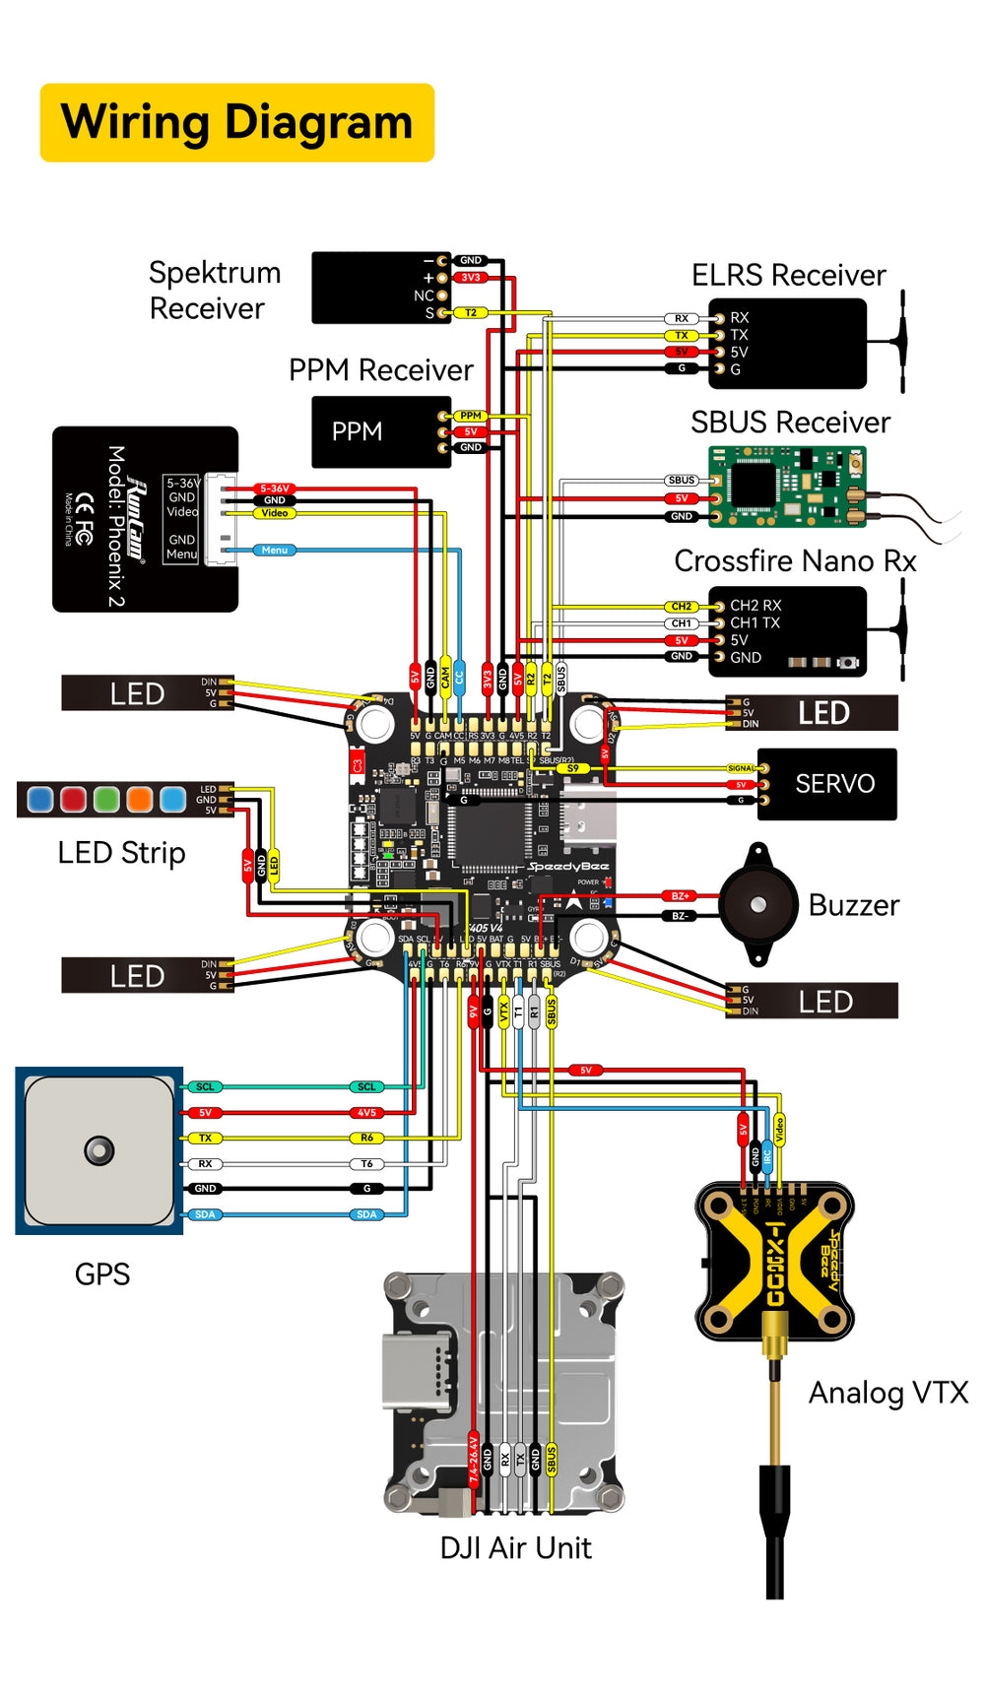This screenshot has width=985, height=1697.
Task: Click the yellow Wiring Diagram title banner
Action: (x=236, y=123)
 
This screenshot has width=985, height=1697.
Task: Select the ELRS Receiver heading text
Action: (x=788, y=275)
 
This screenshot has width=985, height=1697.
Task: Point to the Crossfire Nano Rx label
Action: (x=794, y=560)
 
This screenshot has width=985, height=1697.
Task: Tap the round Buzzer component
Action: (x=757, y=904)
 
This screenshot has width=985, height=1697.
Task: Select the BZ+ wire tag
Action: (x=680, y=896)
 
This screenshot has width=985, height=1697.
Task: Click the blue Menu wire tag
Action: (x=275, y=551)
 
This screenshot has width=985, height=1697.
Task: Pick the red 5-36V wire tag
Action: (x=275, y=489)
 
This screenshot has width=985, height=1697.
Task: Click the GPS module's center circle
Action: (x=99, y=1149)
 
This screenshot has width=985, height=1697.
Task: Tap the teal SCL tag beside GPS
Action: (x=205, y=1087)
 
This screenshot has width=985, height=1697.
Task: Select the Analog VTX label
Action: (x=887, y=1393)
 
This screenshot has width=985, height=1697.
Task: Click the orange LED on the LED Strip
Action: (x=139, y=799)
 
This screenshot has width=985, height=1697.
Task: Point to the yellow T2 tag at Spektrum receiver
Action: (x=471, y=312)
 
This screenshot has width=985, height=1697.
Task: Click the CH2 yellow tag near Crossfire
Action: (x=681, y=607)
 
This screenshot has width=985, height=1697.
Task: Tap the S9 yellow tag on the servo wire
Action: (x=573, y=768)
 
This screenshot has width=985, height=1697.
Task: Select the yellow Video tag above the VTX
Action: (x=778, y=1130)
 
